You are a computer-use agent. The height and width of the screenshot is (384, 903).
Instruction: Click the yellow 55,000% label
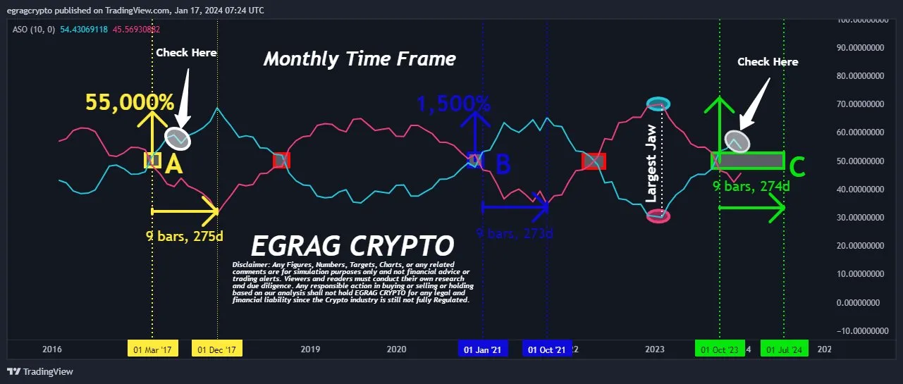click(130, 103)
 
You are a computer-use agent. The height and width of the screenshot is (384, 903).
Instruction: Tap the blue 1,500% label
click(454, 104)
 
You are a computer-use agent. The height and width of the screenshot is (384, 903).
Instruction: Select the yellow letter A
click(173, 164)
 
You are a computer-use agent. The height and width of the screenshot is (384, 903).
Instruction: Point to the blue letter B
click(503, 164)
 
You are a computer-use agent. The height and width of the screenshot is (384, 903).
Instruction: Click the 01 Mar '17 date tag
click(152, 349)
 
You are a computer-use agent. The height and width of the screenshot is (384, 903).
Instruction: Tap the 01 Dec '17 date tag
click(217, 349)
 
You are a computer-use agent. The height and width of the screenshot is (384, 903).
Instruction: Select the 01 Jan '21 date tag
click(483, 349)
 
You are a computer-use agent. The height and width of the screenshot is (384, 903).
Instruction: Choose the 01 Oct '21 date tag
click(547, 349)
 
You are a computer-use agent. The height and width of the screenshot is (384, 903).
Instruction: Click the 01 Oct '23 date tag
click(720, 349)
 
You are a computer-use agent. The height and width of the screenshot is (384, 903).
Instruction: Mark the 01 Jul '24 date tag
click(785, 349)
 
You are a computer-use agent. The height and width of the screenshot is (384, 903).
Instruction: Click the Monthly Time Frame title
click(360, 59)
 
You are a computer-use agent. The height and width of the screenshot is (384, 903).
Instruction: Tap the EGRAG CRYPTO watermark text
click(352, 247)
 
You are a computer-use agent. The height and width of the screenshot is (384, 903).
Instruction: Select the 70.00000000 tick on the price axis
click(855, 104)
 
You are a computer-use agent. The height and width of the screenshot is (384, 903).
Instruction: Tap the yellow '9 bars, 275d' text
click(185, 235)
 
